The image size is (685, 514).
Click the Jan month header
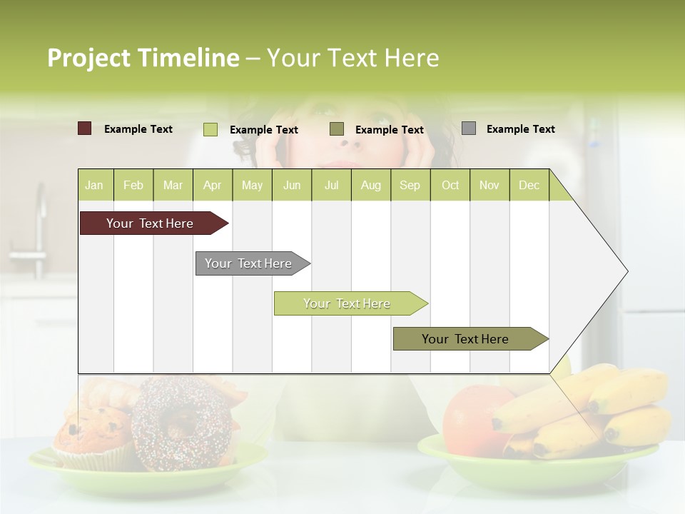click(x=95, y=185)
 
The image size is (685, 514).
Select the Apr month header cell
click(x=213, y=185)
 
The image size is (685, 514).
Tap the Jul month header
click(x=331, y=185)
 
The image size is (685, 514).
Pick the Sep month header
click(x=410, y=185)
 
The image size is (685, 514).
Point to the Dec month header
click(x=529, y=185)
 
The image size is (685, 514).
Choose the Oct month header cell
click(x=450, y=185)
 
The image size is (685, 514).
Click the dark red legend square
click(x=84, y=128)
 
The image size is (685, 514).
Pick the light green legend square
click(x=210, y=129)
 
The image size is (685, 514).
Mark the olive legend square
click(x=337, y=128)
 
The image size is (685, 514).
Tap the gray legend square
click(x=469, y=128)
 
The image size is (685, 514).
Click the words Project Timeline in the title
click(x=143, y=58)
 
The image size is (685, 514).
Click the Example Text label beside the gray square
click(x=520, y=129)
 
